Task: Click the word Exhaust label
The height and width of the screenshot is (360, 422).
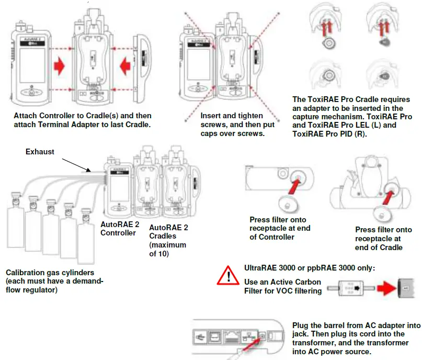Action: pyautogui.click(x=40, y=152)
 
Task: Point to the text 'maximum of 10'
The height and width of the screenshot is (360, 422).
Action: pyautogui.click(x=167, y=249)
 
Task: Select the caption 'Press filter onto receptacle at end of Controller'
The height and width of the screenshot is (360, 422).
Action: pyautogui.click(x=278, y=228)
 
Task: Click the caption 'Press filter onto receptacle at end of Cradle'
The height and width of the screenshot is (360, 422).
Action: pyautogui.click(x=383, y=238)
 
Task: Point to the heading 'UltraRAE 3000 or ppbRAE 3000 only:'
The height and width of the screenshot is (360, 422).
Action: pyautogui.click(x=310, y=268)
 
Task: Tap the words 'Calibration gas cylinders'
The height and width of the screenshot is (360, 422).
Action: pyautogui.click(x=49, y=273)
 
